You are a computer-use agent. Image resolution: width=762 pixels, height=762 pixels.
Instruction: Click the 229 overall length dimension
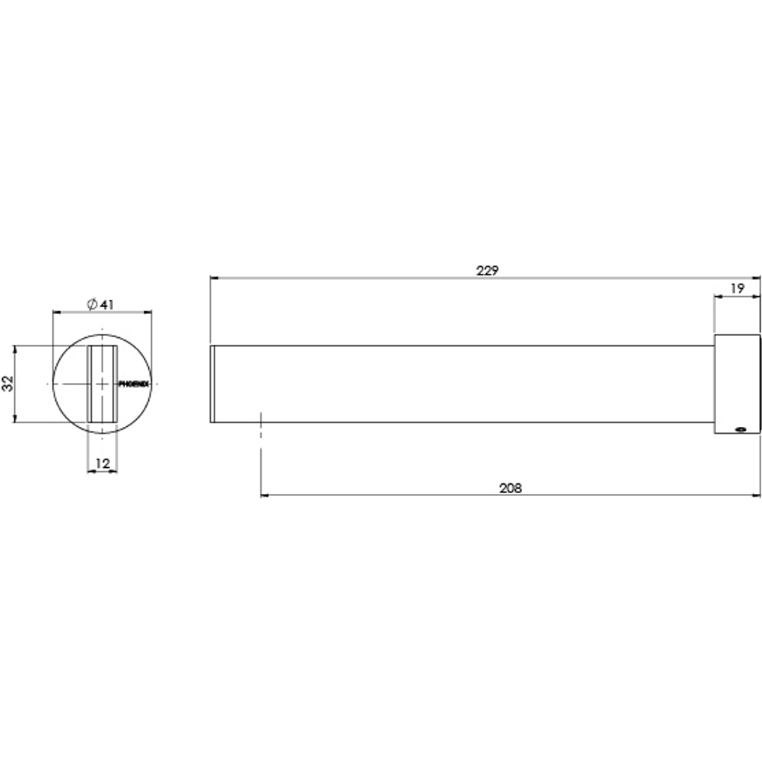click(487, 270)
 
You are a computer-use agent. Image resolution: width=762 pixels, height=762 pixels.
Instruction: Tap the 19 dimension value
click(737, 288)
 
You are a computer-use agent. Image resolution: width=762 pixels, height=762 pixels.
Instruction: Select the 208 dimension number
click(510, 488)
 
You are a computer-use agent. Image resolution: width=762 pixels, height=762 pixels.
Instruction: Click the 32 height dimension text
click(8, 384)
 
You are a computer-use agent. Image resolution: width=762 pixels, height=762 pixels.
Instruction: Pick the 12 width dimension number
click(102, 464)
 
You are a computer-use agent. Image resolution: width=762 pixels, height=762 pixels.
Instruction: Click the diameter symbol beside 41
click(92, 305)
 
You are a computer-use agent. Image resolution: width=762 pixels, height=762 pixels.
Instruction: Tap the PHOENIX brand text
click(133, 384)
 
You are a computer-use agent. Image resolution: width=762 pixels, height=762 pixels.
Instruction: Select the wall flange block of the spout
click(738, 384)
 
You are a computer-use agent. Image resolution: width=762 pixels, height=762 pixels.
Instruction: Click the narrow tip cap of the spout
click(212, 384)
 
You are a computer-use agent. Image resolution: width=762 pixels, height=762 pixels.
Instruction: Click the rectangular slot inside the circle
click(103, 384)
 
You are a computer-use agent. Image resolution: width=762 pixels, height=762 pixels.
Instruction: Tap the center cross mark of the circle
click(103, 384)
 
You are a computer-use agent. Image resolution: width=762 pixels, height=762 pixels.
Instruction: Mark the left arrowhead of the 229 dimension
click(214, 279)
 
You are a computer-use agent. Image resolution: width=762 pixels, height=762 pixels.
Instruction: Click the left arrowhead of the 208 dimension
click(265, 495)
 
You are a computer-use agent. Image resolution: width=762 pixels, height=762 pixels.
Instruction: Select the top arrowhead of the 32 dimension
click(15, 349)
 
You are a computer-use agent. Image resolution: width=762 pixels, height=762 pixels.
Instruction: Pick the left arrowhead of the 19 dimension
click(718, 297)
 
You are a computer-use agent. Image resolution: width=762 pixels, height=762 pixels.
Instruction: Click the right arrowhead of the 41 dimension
click(149, 312)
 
